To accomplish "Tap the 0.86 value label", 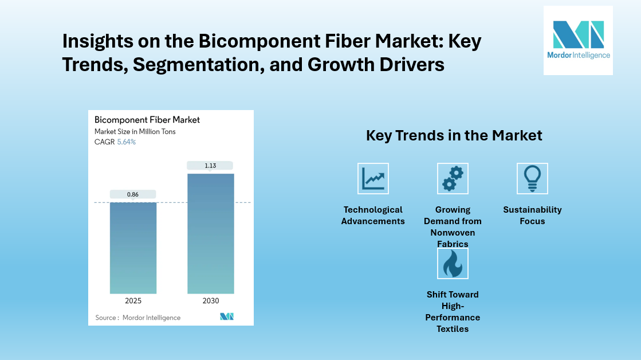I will (x=133, y=194).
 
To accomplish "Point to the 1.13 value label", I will (x=211, y=166).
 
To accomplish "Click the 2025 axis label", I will (x=133, y=301).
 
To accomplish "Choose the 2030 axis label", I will (x=211, y=301).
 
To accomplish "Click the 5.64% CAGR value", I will (x=127, y=142).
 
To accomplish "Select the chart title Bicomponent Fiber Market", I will (x=147, y=120).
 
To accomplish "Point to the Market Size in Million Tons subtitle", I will (x=135, y=132).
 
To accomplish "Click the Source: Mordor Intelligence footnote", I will (x=138, y=318).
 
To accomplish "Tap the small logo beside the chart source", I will (x=227, y=317).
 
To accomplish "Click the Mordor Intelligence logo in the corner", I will (x=578, y=40).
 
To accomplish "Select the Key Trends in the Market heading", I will (x=454, y=136).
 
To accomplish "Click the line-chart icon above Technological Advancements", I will (x=373, y=178).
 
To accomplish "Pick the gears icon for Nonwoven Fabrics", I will (x=453, y=178).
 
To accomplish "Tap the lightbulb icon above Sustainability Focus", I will (x=532, y=178).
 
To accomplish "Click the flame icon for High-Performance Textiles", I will (x=453, y=263).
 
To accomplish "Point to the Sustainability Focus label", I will (x=532, y=216).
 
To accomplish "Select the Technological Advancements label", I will (x=373, y=216).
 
